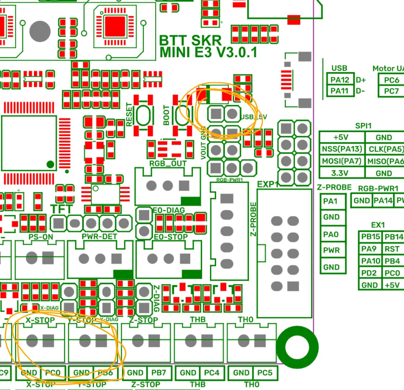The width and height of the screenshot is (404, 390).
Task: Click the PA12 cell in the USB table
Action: point(339,80)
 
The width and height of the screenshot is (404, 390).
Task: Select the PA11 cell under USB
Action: point(339,91)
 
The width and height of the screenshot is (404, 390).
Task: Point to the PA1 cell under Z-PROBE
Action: point(331,201)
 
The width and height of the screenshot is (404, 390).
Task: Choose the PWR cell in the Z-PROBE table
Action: point(331,250)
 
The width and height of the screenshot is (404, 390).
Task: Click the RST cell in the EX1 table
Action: point(392,249)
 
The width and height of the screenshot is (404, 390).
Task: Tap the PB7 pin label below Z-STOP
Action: point(159,373)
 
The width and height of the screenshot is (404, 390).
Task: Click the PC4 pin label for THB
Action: point(212,373)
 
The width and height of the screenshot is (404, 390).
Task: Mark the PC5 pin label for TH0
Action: point(265,373)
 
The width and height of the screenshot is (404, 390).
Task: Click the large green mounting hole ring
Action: point(297,347)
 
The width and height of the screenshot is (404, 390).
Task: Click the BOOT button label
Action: point(167,115)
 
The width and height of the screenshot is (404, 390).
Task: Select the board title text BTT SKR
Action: point(190,40)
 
